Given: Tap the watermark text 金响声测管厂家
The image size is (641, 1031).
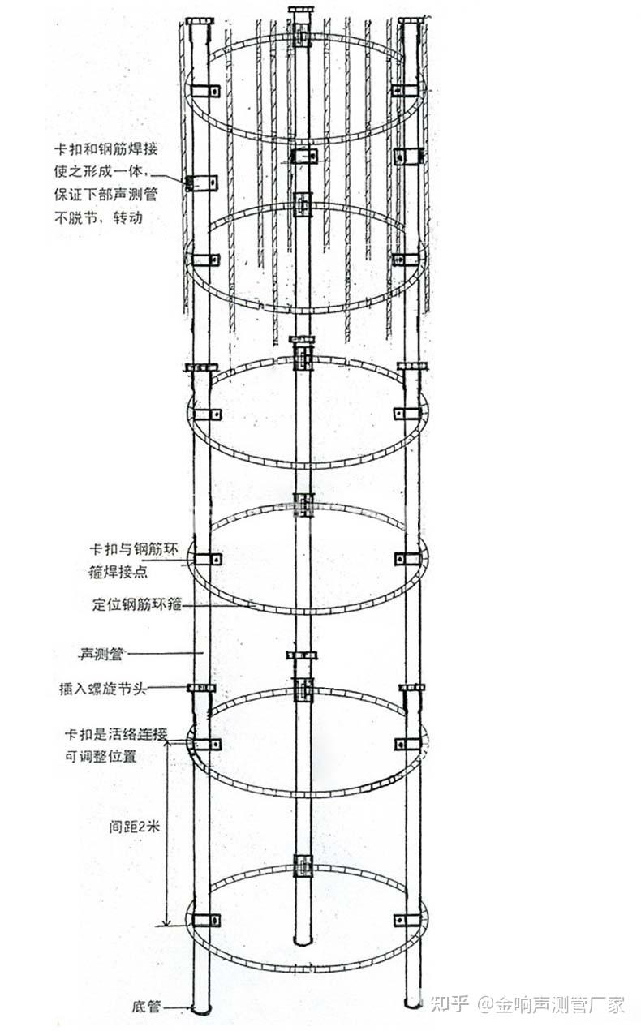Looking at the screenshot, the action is click(x=561, y=1005).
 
